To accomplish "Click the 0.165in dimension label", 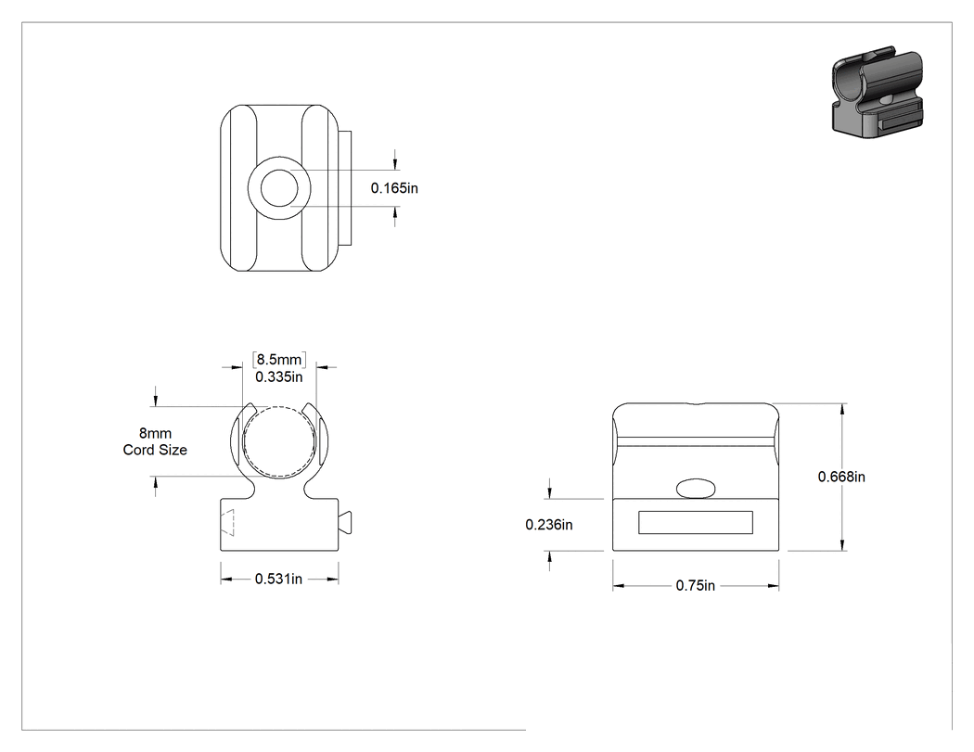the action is coord(394,187).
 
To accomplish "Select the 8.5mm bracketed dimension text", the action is coord(279,360).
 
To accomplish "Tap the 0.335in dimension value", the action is coord(279,377).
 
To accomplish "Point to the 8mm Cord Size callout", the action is coord(155,441).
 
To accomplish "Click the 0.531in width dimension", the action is coord(279,579).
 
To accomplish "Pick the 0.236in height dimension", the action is coord(549,525).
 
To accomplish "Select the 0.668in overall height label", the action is coord(841,477).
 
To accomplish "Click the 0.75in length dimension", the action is coord(696,586).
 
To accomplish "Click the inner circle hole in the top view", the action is coord(279,188).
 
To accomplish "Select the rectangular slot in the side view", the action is coord(696,522).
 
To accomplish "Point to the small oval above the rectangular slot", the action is coord(696,488).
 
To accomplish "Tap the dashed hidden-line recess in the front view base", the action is coord(227,522).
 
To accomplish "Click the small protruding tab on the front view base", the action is coord(345,521).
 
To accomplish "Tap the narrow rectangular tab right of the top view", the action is coord(346,188).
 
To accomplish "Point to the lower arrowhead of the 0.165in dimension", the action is coord(395,213).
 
